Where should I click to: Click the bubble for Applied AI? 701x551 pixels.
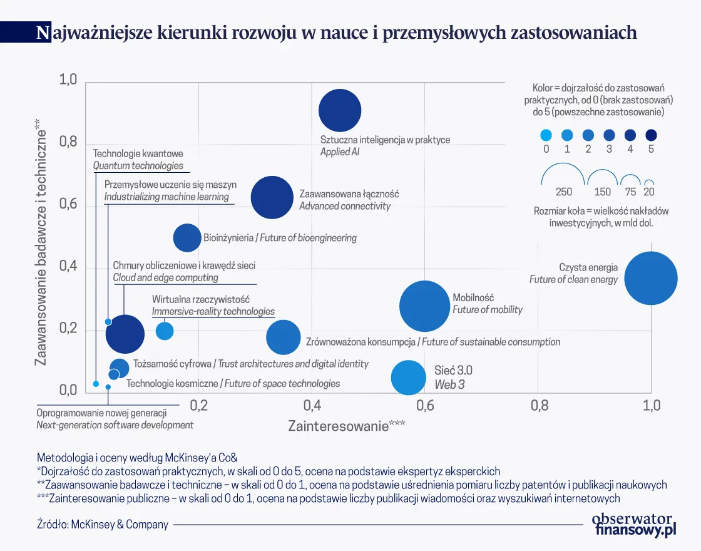point(340,111)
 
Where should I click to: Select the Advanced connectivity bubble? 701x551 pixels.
point(272,197)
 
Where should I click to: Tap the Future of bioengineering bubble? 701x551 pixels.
point(187,238)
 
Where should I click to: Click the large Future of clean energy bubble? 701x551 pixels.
point(651,279)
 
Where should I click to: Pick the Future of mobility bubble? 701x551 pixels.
point(425,306)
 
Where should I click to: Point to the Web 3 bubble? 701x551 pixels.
point(408,378)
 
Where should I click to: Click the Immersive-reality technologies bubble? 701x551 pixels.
point(165,331)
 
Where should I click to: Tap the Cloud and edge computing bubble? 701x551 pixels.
point(125,334)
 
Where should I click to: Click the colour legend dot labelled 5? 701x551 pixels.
point(651,135)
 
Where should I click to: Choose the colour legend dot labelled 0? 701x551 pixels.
point(546,135)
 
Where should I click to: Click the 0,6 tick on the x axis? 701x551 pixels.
point(425,406)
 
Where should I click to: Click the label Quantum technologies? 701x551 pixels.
point(138,166)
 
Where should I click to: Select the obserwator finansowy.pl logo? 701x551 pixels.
point(634,525)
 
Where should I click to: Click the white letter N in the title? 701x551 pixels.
point(42,33)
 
